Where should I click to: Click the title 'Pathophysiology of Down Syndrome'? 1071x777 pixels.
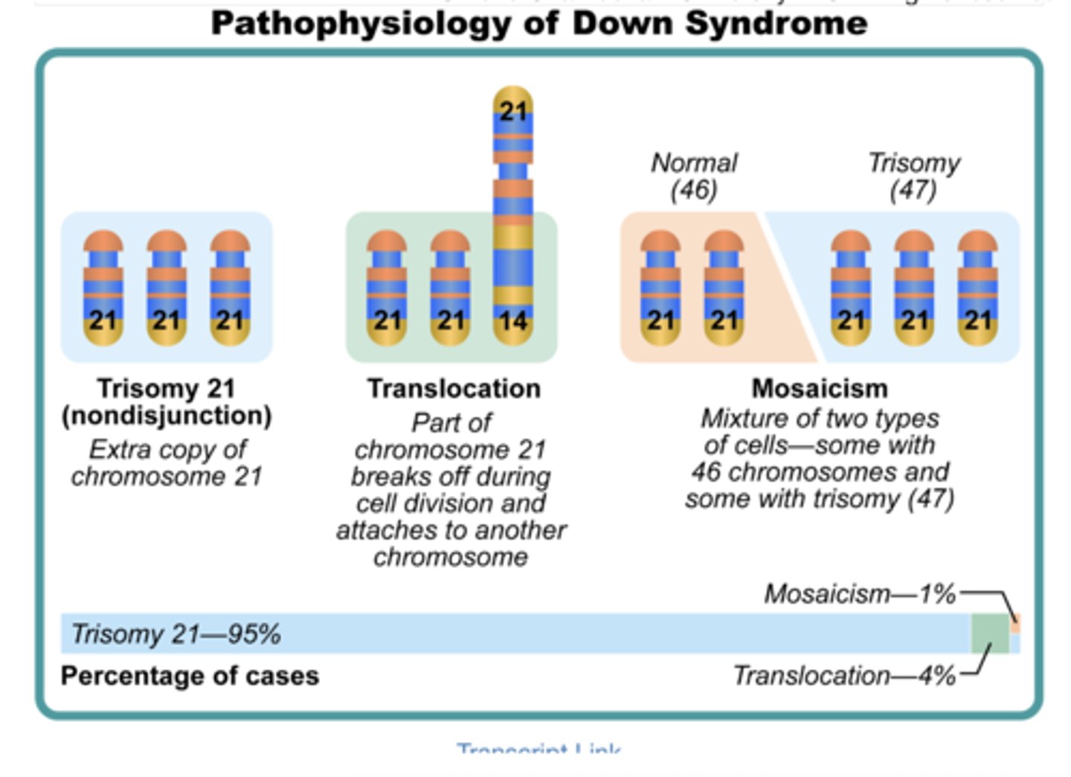(538, 24)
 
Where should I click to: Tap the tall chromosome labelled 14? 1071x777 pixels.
(513, 223)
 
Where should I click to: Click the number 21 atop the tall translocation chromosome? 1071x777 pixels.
(513, 112)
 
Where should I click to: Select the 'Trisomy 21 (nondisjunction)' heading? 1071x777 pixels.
(167, 402)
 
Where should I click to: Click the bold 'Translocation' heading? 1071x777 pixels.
(454, 389)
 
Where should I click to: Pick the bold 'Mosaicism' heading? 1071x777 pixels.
(820, 388)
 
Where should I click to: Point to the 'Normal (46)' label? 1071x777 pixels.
(694, 176)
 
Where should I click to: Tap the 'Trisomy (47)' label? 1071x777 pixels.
(913, 176)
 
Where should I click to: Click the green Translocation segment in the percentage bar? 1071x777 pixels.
(990, 633)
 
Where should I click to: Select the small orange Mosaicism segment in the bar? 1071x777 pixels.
(1016, 623)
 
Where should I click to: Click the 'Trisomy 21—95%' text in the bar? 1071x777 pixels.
(176, 634)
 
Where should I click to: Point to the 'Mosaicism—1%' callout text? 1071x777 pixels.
(860, 594)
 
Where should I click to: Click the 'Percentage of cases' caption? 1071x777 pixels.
(190, 676)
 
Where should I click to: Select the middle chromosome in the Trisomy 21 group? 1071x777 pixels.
(167, 288)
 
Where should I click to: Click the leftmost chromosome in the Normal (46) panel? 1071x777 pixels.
(660, 288)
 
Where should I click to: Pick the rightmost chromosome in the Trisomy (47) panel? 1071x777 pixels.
(977, 288)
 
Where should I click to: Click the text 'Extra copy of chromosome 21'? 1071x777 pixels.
(167, 462)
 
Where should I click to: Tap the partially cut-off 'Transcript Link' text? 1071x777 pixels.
(538, 748)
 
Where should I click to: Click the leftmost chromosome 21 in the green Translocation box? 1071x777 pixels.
(387, 288)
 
